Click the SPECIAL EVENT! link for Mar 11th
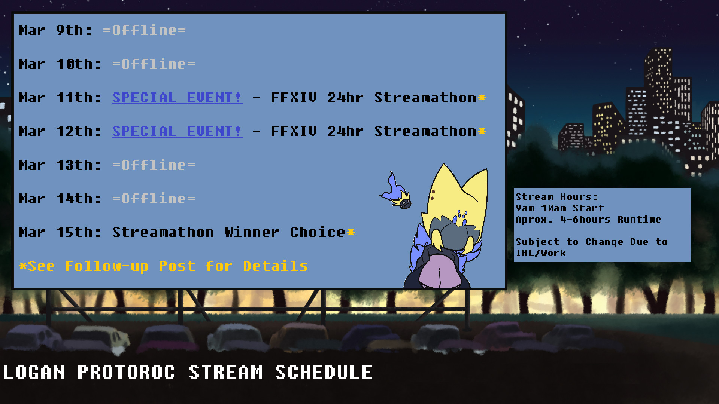tap(177, 98)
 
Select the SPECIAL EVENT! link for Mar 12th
tap(177, 131)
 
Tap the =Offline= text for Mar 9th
tap(145, 30)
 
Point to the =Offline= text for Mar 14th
tap(154, 199)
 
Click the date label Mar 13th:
tap(60, 165)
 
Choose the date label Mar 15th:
tap(60, 232)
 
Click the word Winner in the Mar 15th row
tap(252, 232)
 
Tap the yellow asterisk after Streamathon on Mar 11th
tap(482, 98)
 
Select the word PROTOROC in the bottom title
tap(126, 373)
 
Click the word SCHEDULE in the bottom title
tap(324, 373)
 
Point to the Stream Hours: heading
tap(556, 197)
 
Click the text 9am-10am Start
tap(560, 208)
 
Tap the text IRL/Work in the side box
tap(541, 253)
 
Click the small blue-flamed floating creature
tap(397, 192)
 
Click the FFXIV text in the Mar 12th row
tap(294, 131)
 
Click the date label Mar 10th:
tap(60, 64)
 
